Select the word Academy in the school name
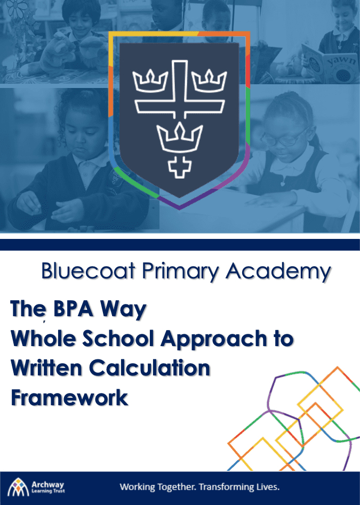[278, 272]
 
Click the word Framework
[69, 397]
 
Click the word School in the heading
[118, 339]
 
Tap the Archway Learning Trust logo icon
[18, 487]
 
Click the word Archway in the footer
[47, 485]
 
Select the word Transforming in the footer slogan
[226, 487]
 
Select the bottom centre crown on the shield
[180, 137]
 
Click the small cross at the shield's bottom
[180, 167]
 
